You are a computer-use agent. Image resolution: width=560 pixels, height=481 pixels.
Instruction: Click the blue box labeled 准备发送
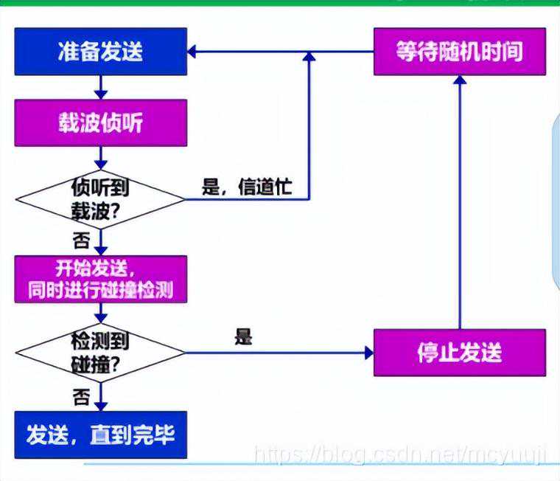pyautogui.click(x=101, y=51)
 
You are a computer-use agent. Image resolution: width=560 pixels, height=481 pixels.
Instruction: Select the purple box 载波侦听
pyautogui.click(x=101, y=123)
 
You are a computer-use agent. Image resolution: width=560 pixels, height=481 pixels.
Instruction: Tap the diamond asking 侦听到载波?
pyautogui.click(x=101, y=198)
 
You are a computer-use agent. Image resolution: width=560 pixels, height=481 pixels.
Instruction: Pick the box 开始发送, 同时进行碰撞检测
pyautogui.click(x=101, y=278)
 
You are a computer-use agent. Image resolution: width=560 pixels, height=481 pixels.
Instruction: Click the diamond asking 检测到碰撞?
pyautogui.click(x=101, y=353)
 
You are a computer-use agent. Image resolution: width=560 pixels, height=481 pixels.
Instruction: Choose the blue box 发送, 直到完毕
pyautogui.click(x=101, y=435)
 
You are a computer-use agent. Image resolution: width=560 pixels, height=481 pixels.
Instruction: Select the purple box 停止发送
pyautogui.click(x=460, y=352)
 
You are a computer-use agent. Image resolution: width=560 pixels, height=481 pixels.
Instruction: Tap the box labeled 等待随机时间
pyautogui.click(x=460, y=51)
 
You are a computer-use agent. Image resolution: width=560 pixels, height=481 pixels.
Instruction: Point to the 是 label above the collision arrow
pyautogui.click(x=243, y=338)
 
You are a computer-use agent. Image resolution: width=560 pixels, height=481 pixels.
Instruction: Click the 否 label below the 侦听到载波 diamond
pyautogui.click(x=83, y=240)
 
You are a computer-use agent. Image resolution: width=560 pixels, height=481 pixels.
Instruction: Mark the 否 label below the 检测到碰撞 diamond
pyautogui.click(x=82, y=397)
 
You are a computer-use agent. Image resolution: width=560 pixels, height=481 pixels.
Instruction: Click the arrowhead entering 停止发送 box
pyautogui.click(x=368, y=353)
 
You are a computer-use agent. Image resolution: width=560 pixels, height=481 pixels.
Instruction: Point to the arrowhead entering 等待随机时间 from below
pyautogui.click(x=460, y=80)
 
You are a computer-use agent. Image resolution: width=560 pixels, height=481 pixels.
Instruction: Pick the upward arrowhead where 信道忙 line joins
pyautogui.click(x=308, y=58)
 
